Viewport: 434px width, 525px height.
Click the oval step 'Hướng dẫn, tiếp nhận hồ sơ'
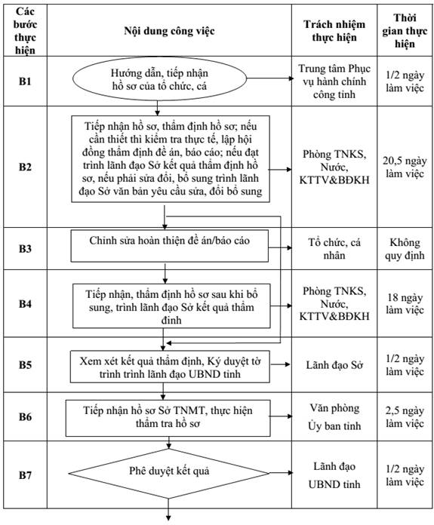[159, 79]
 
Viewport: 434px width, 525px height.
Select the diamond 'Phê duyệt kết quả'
[168, 473]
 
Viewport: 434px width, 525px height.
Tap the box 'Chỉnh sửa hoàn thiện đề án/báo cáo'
[170, 246]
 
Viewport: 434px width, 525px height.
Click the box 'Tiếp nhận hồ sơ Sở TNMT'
[168, 418]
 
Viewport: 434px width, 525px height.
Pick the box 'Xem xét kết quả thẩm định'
[170, 367]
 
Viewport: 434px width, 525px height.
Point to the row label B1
[25, 81]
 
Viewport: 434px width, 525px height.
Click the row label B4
[25, 303]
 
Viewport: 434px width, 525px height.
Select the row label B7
[25, 474]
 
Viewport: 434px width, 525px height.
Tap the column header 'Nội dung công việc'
[169, 31]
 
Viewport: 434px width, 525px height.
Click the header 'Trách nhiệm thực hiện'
[334, 31]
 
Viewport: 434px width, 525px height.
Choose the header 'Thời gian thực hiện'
[405, 31]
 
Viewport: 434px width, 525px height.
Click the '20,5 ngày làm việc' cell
[405, 167]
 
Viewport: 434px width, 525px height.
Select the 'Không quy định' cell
[405, 249]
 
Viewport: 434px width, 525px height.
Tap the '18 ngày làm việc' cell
[405, 303]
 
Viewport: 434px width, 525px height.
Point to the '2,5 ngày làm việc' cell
[405, 417]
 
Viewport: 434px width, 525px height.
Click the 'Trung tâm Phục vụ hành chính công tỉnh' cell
[334, 81]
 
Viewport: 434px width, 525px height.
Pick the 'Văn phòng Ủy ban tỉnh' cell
[334, 417]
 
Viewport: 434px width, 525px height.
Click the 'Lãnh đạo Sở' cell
[334, 365]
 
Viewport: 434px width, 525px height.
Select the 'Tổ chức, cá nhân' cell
[334, 249]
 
